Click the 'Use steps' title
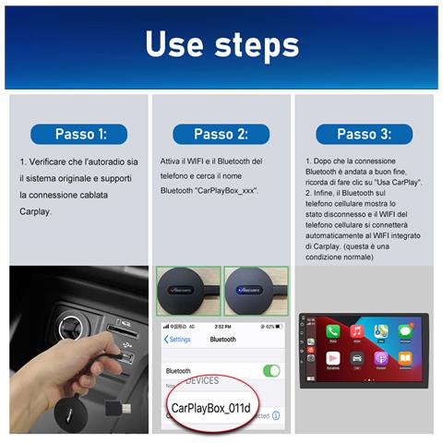point(221,44)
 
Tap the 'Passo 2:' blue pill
point(221,134)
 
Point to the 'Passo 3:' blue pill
point(363,134)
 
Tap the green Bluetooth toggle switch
point(271,370)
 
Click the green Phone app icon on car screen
point(333,331)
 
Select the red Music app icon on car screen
point(356,331)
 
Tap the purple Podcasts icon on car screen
point(379,357)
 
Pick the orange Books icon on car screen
point(403,357)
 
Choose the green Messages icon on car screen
point(403,331)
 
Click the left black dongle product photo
point(187,291)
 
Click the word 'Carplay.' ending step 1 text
point(36,211)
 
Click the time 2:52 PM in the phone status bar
point(222,326)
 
